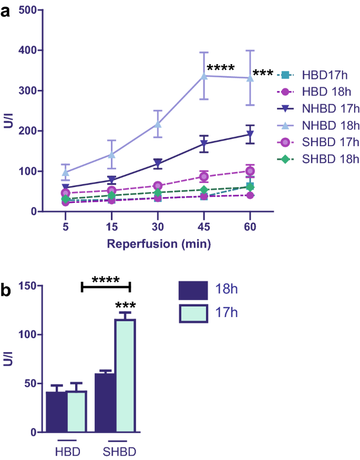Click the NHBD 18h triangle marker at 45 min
point(203,76)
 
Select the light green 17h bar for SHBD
point(125,375)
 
